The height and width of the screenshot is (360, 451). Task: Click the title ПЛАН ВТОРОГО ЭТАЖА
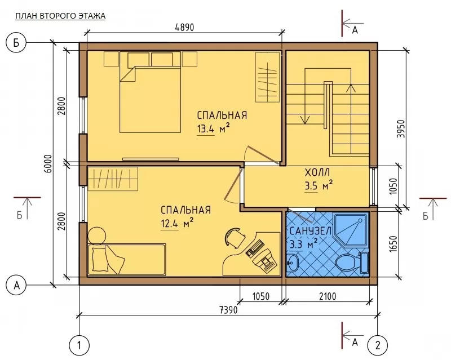click(x=60, y=16)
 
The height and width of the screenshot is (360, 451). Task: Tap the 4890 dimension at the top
click(x=185, y=27)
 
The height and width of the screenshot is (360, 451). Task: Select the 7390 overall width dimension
click(x=229, y=310)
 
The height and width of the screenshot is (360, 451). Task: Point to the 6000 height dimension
click(x=48, y=163)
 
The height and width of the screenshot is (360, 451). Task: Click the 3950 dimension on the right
click(x=401, y=128)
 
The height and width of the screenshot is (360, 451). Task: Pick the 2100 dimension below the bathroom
click(x=328, y=296)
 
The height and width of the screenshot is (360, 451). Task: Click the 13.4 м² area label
click(x=213, y=128)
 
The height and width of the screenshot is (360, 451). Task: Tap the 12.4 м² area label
click(x=176, y=223)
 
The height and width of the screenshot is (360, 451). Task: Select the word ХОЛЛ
click(x=317, y=172)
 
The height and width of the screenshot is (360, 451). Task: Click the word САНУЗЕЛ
click(x=311, y=231)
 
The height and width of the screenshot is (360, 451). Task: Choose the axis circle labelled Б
click(x=16, y=43)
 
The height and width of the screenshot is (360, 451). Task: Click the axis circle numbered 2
click(x=378, y=345)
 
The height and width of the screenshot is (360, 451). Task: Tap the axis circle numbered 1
click(x=79, y=345)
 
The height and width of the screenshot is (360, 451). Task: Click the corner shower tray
click(x=351, y=230)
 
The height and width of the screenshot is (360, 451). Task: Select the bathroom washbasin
click(x=293, y=262)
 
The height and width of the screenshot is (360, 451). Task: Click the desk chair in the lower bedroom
click(x=235, y=237)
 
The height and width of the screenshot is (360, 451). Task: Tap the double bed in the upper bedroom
click(x=150, y=99)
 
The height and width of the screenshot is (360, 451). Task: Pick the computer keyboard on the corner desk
click(x=255, y=247)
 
